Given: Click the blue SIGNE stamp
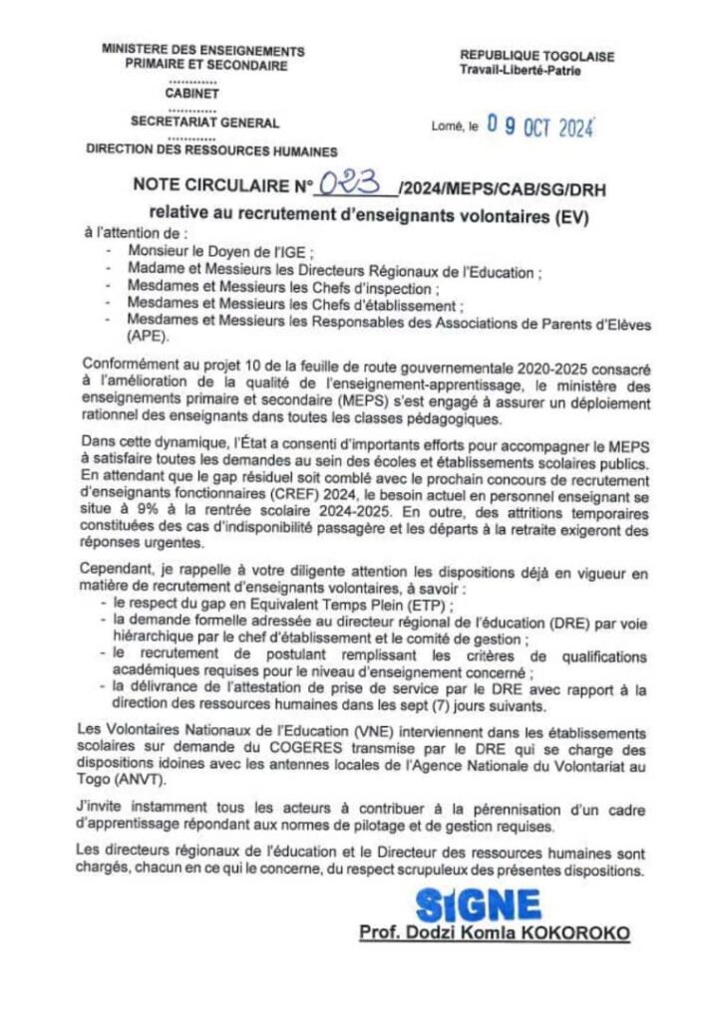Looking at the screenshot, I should click(x=479, y=904).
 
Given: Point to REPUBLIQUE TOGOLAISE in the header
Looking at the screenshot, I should click(x=536, y=58).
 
